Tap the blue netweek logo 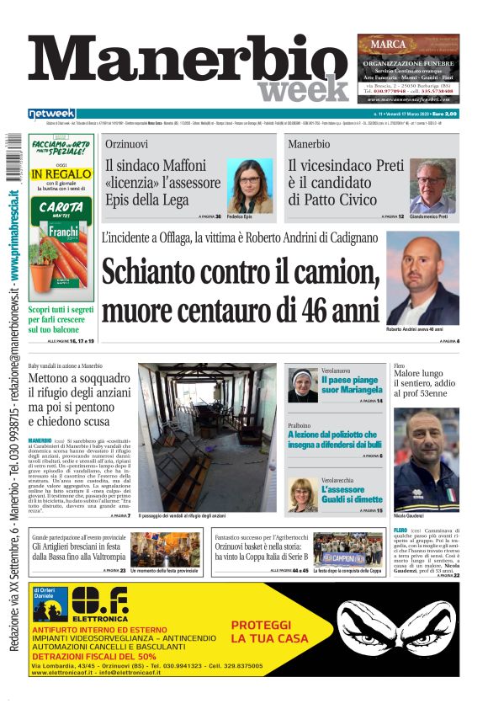click(51, 114)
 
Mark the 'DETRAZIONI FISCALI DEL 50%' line click(94, 655)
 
